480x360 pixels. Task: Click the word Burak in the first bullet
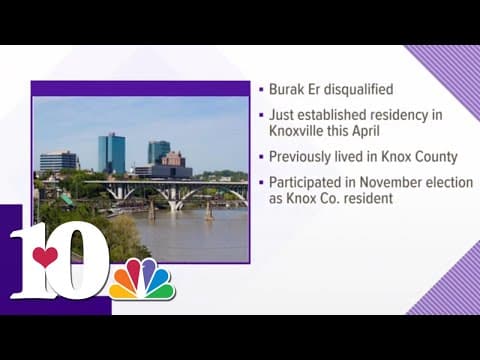coord(285,88)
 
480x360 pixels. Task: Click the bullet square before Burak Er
coord(259,89)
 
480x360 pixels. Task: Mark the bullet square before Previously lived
coord(259,158)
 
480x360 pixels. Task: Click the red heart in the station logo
coord(45,258)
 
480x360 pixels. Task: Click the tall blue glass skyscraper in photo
coord(111,152)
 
